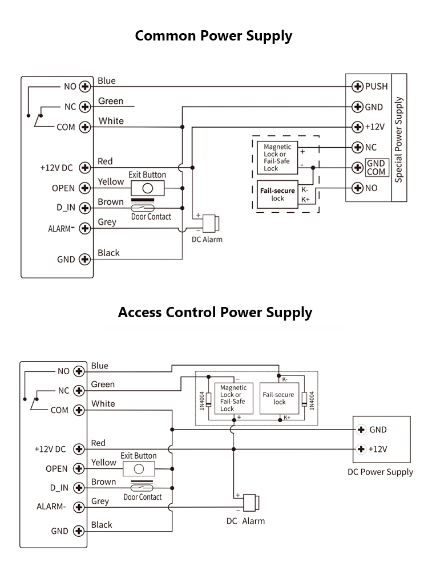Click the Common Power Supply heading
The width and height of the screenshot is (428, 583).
point(213,36)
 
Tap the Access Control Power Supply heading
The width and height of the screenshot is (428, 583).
point(215,312)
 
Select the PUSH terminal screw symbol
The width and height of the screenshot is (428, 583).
point(358,87)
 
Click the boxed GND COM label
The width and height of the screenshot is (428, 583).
point(376,168)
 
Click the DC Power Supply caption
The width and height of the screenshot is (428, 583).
point(380,472)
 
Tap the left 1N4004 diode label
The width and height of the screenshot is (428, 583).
point(201,400)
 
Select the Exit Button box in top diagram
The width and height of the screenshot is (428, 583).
point(147,188)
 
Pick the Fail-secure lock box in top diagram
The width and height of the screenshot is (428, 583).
point(277,195)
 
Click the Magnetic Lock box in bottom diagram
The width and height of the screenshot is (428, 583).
point(233,398)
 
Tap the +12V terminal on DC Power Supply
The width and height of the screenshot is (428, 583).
point(361,449)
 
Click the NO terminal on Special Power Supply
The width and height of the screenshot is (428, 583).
point(358,188)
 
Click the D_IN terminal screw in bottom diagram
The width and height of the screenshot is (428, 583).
point(79,487)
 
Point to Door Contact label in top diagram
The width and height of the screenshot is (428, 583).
point(151,217)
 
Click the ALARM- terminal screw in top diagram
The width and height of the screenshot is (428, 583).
point(85,228)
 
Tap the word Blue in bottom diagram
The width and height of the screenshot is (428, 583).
point(99,366)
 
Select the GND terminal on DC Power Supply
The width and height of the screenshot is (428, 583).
point(361,430)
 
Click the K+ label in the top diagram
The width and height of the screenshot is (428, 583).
point(305,200)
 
